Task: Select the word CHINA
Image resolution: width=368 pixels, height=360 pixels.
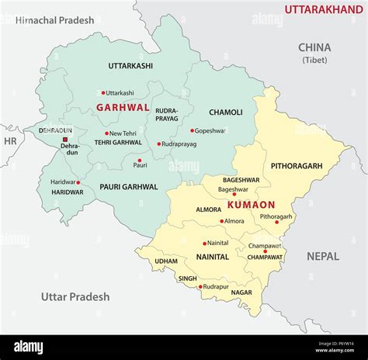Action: tap(314, 47)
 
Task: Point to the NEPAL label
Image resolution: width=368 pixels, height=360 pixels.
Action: tap(322, 256)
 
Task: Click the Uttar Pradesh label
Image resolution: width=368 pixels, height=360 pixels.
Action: tap(75, 296)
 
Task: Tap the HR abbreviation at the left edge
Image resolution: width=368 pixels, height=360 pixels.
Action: tap(10, 141)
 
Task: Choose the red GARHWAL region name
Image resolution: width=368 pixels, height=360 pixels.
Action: tap(122, 109)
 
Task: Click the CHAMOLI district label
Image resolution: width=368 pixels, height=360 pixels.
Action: tap(226, 112)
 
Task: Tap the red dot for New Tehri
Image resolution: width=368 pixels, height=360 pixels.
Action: tap(107, 133)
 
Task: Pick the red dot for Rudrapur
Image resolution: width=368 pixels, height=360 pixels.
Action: tap(200, 287)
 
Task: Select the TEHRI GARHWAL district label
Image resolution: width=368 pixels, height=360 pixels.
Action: tap(118, 142)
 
